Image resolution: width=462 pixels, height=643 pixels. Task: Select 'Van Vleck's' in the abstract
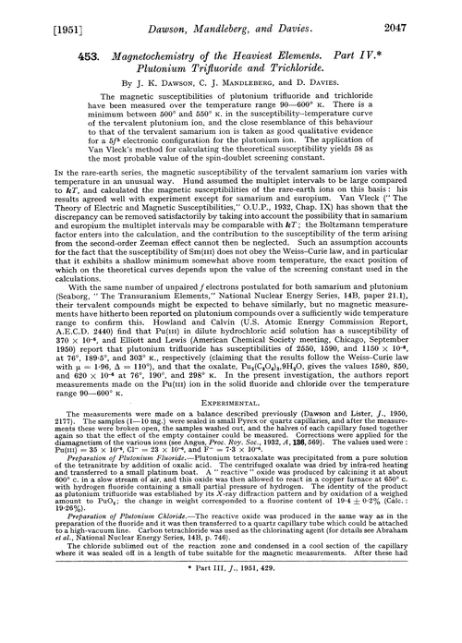pyautogui.click(x=90, y=170)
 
